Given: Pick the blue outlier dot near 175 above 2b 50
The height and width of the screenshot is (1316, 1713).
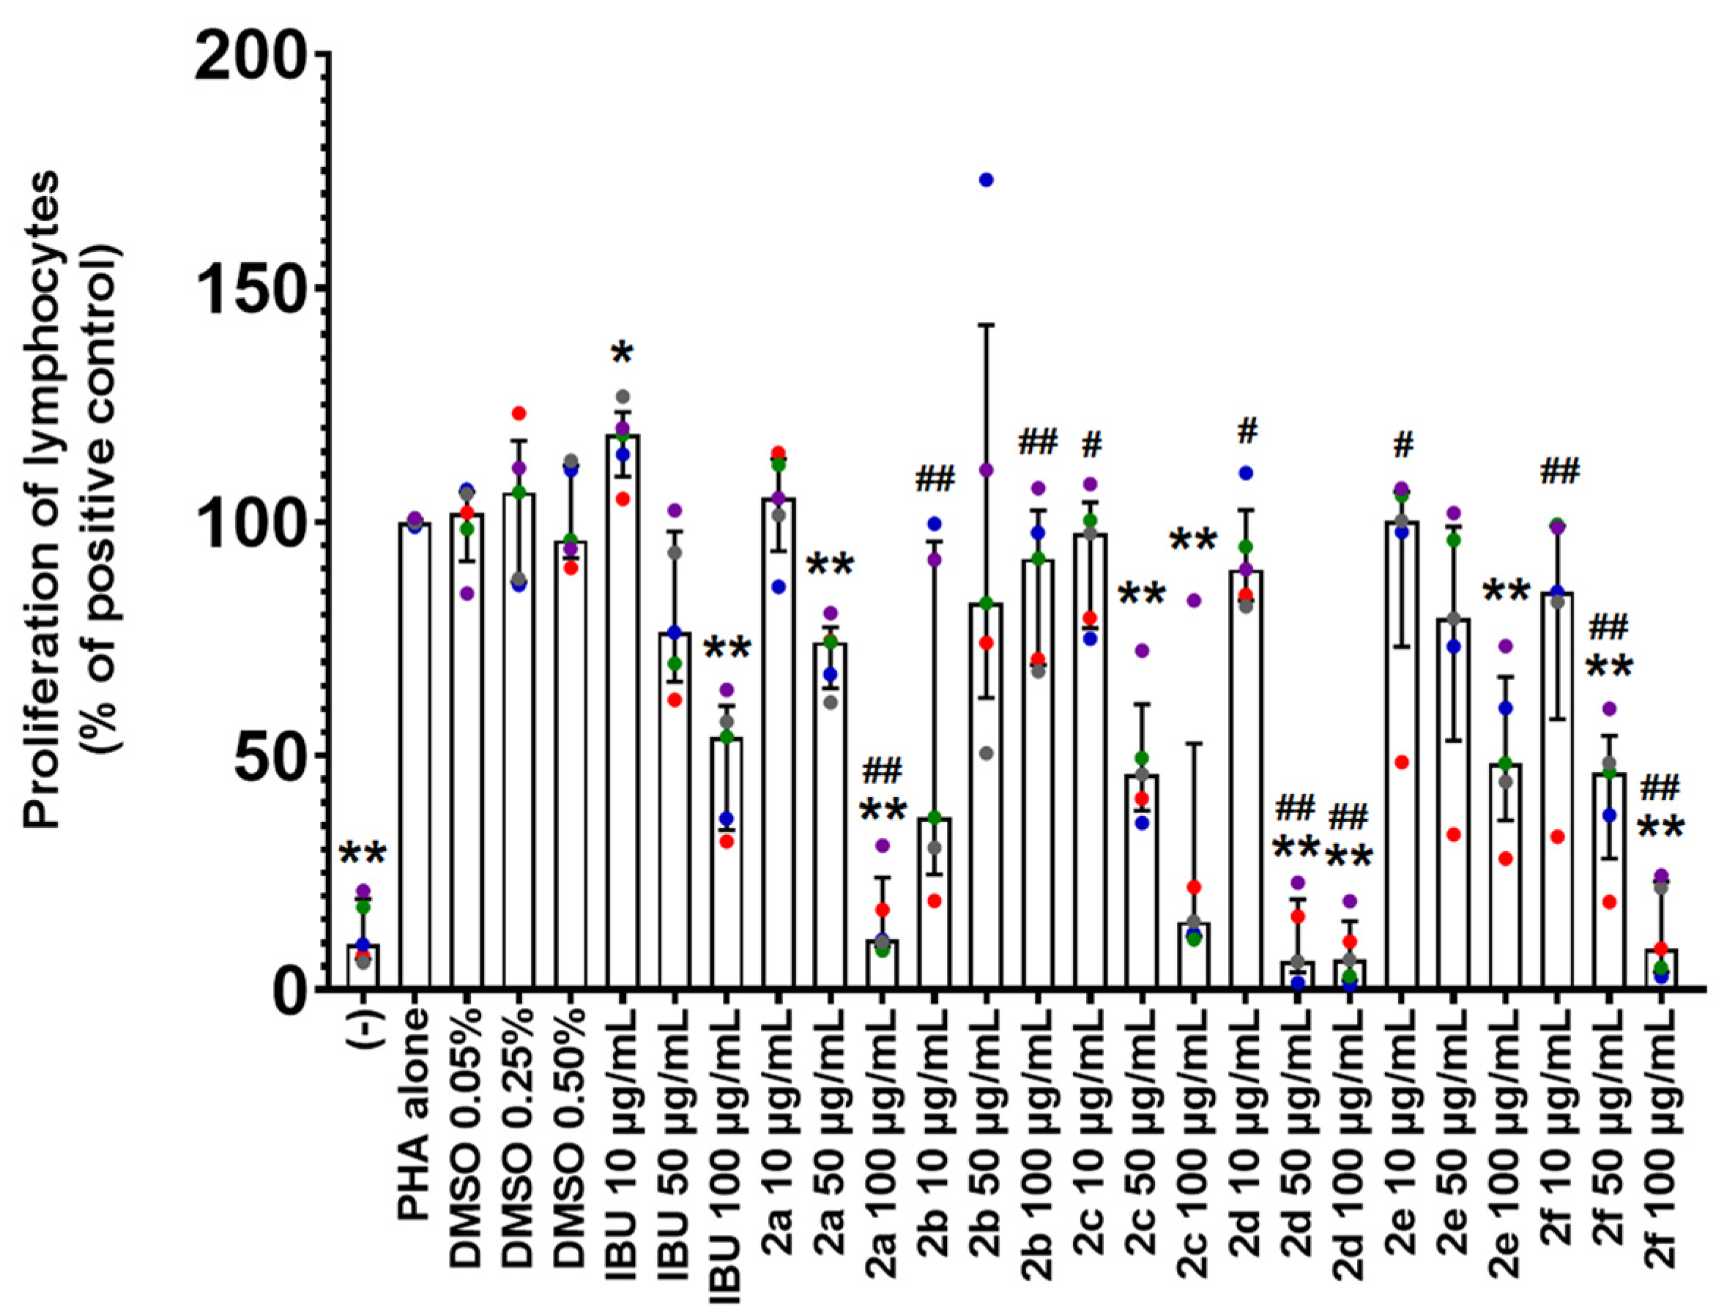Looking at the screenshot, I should pos(986,180).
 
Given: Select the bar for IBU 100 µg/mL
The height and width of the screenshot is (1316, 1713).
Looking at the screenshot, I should pos(727,861).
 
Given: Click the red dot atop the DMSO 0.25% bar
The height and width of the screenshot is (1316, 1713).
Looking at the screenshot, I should pos(518,414).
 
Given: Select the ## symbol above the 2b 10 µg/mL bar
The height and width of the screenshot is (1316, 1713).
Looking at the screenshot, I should pos(934,478).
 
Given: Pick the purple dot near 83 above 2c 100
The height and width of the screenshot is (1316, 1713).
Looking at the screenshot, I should pos(1194,601).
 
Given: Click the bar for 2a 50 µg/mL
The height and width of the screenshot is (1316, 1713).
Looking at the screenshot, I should pos(831,815).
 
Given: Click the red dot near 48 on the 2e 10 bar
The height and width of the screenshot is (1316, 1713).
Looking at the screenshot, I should pos(1402,762).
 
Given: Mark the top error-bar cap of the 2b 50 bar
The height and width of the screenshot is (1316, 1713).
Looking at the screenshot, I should pos(986,324).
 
